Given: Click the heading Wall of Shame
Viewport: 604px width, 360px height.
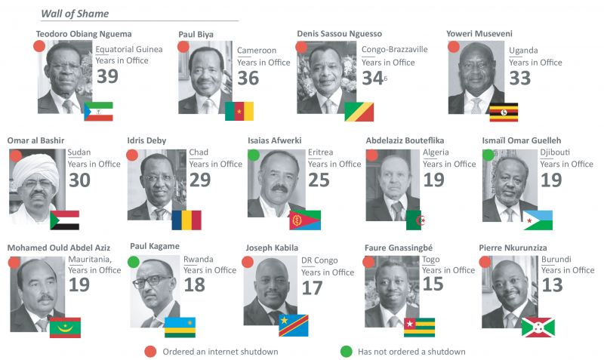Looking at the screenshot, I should [74, 14].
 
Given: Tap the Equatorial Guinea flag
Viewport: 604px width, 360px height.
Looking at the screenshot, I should [98, 111].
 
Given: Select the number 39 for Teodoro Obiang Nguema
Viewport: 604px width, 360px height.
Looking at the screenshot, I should [107, 76].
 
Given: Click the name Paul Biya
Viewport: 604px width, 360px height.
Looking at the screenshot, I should [196, 35].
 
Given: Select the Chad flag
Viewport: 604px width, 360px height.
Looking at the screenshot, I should [186, 220].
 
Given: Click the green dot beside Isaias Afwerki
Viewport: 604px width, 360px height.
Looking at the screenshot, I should [254, 155].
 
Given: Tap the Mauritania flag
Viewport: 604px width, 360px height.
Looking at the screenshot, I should [64, 327].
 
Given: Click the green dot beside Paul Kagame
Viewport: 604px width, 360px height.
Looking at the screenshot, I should [134, 262].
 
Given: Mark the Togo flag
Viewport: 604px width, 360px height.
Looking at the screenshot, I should [418, 326].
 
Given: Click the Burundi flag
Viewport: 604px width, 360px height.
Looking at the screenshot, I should [538, 326].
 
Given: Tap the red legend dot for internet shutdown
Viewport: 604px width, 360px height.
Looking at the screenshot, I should [149, 351].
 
